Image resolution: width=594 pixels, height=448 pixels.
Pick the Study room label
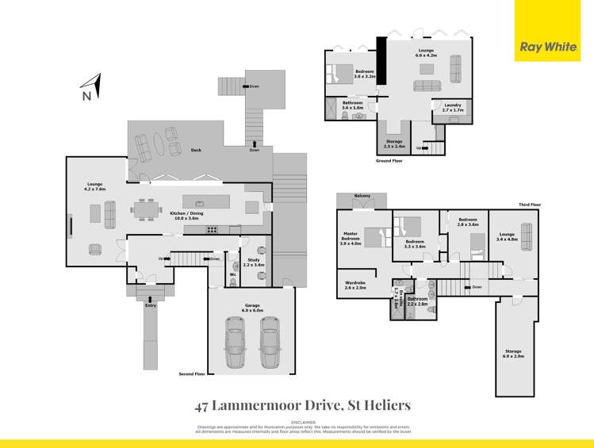(x=254, y=262)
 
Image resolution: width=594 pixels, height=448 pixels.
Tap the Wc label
(x=233, y=275)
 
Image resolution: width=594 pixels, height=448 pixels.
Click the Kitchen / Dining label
(x=188, y=214)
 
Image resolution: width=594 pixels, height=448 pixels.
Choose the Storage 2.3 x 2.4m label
(x=394, y=144)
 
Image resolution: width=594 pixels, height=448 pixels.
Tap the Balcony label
(x=362, y=195)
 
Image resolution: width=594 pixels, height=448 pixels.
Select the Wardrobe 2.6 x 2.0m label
(x=355, y=285)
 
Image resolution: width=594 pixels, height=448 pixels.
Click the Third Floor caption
(x=530, y=205)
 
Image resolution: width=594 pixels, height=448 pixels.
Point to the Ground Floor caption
(x=389, y=160)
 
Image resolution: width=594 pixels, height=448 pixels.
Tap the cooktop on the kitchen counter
(x=212, y=230)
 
